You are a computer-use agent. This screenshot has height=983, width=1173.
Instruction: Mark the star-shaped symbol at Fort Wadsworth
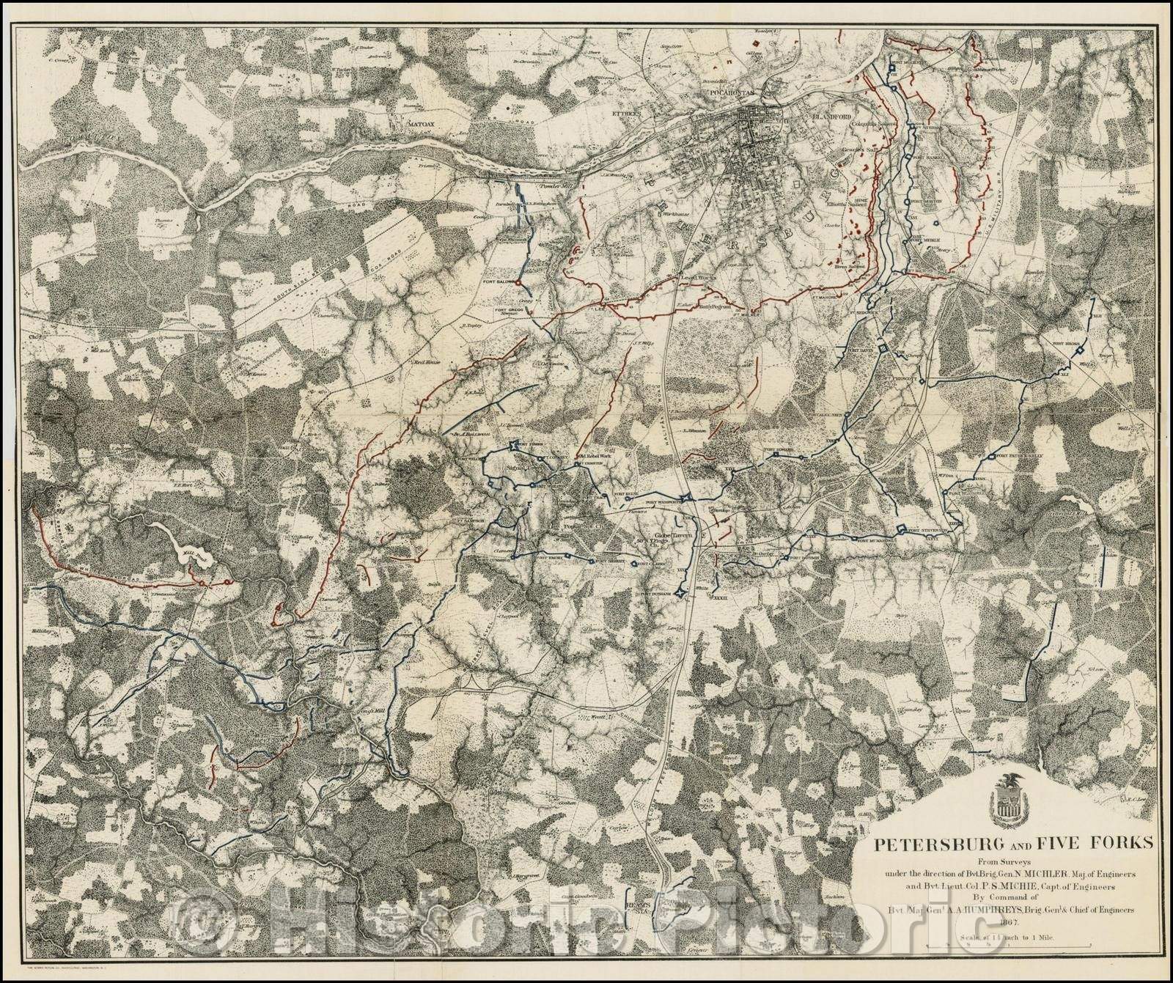tap(686, 498)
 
